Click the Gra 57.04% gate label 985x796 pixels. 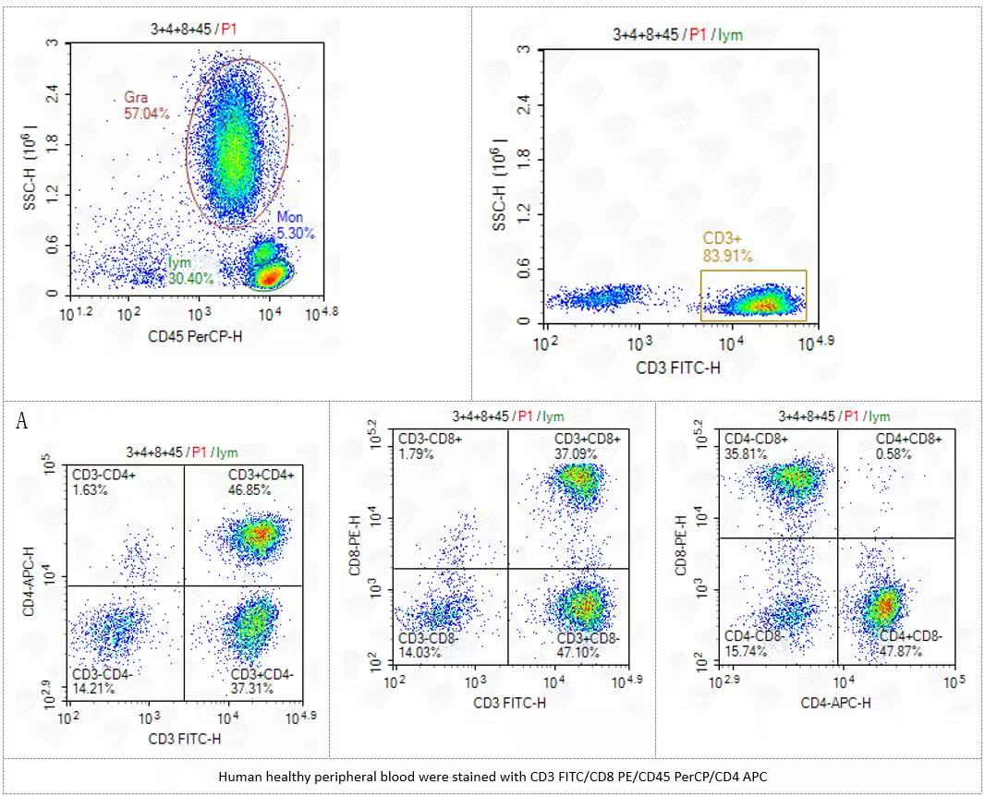click(x=146, y=105)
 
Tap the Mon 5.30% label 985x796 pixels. click(x=296, y=225)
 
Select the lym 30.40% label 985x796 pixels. click(x=190, y=271)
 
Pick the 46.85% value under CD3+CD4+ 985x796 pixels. click(x=249, y=490)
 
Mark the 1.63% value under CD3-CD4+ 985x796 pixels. click(x=91, y=490)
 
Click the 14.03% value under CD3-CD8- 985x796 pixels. click(x=420, y=653)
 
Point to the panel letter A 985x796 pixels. click(x=21, y=422)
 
